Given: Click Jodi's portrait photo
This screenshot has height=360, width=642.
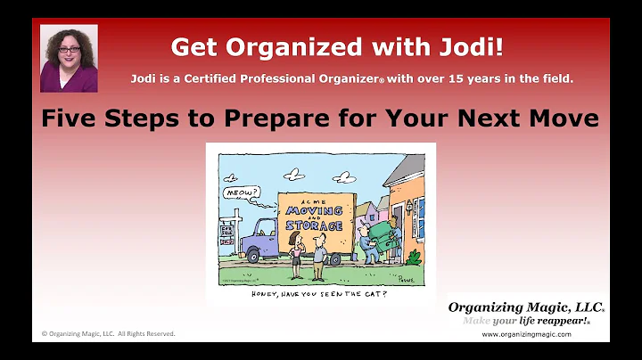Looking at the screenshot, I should [69, 58].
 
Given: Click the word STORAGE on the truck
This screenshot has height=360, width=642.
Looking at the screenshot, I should [312, 225].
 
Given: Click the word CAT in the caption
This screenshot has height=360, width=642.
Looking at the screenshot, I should [372, 293].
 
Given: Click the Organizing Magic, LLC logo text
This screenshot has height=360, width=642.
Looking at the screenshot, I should [525, 307].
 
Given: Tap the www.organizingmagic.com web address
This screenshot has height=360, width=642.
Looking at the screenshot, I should [526, 334].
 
